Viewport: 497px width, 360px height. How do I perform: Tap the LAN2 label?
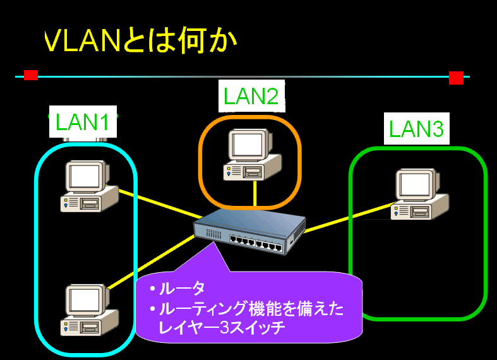pos(251,96)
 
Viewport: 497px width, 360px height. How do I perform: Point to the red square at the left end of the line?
pos(30,76)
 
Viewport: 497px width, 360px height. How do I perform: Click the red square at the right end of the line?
pos(456,78)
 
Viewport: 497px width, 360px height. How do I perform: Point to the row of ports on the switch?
pos(256,242)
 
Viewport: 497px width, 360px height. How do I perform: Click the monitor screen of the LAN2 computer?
pos(245,145)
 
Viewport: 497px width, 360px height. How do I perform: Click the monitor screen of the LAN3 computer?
pos(414,184)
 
